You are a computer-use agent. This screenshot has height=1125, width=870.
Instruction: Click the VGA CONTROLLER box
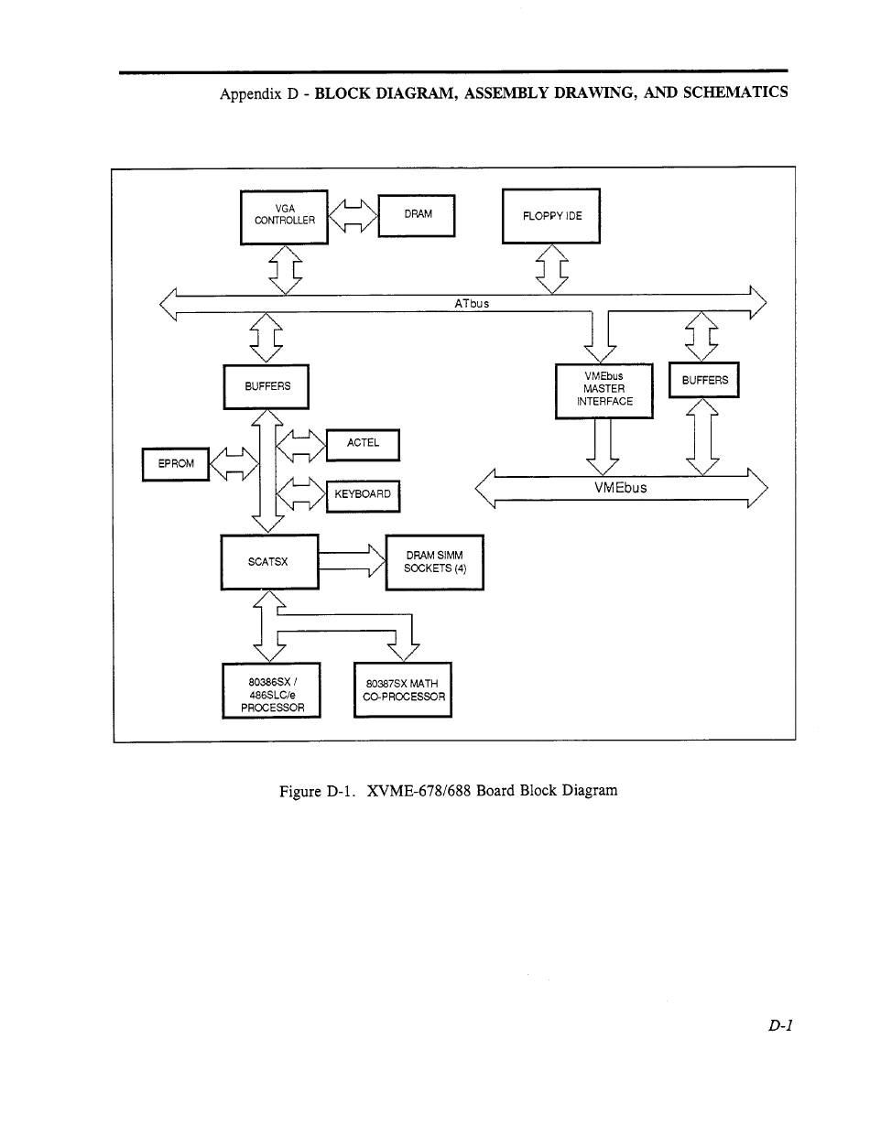coord(284,218)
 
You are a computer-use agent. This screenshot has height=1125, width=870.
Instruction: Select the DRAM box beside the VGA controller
coord(417,216)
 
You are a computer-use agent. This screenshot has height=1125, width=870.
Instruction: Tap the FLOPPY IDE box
coord(551,216)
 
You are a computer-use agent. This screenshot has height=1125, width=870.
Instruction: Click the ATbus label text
coord(472,303)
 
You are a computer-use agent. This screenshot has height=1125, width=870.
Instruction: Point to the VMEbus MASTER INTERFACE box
coord(604,391)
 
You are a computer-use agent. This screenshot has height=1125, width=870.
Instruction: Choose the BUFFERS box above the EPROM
coord(266,386)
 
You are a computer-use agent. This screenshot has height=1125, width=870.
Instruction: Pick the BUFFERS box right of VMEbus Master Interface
coord(704,380)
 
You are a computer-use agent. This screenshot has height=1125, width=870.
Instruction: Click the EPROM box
coord(176,464)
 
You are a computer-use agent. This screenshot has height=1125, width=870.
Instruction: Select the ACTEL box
coord(363,445)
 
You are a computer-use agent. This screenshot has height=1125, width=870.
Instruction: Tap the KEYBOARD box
coord(363,496)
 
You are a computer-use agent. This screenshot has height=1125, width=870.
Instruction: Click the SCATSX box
coord(270,562)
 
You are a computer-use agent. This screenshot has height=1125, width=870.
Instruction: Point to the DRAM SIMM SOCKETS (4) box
coord(435,563)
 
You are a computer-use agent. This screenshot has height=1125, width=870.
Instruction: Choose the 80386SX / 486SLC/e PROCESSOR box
coord(271,690)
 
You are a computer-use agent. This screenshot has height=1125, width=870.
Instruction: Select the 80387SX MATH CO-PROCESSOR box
coord(403,690)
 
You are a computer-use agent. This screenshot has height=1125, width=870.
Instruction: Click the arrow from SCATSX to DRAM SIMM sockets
coord(353,561)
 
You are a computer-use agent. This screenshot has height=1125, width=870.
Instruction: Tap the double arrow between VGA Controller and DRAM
coord(353,216)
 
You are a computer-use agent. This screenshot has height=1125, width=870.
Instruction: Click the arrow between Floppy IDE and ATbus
coord(551,269)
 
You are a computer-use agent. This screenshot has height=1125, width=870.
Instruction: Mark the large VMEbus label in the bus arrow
coord(620,488)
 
